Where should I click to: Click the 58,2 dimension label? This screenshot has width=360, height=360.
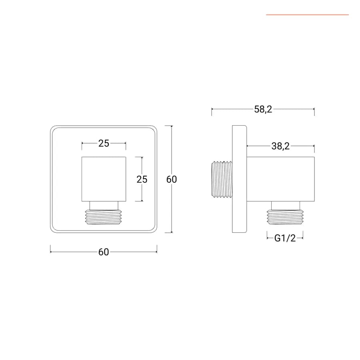coord(263,109)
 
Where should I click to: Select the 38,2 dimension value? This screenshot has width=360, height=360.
coord(280,146)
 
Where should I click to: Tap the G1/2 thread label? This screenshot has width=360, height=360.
coord(285,238)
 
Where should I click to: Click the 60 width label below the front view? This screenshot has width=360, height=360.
coord(104,252)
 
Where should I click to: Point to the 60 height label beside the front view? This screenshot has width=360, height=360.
coord(172,179)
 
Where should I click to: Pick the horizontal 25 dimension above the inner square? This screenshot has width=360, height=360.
coord(104,143)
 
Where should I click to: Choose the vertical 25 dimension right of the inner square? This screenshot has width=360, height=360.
coord(142,179)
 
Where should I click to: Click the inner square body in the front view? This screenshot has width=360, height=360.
coord(104,179)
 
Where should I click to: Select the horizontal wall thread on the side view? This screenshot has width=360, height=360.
coord(222,179)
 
